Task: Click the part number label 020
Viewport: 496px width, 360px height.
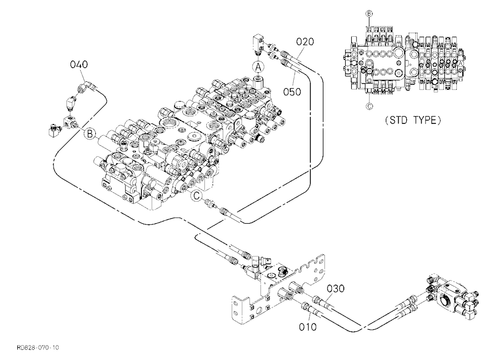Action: [x=305, y=42]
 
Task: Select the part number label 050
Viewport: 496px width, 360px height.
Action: [x=292, y=92]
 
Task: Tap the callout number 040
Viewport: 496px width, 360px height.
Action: [x=79, y=64]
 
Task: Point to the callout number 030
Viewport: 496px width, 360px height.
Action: [x=335, y=289]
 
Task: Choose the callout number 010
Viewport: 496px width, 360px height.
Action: [x=308, y=327]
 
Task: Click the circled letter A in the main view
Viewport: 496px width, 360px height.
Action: [x=258, y=67]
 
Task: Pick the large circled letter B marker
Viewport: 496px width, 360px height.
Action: [x=90, y=134]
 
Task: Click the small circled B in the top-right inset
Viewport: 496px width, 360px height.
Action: [x=369, y=13]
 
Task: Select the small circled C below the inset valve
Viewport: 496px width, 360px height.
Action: [x=370, y=106]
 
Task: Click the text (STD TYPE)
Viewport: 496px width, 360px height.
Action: [x=413, y=120]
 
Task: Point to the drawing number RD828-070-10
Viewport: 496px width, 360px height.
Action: [x=38, y=348]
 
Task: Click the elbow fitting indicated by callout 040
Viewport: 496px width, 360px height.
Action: [x=86, y=86]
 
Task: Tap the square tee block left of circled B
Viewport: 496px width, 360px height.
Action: [x=69, y=122]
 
